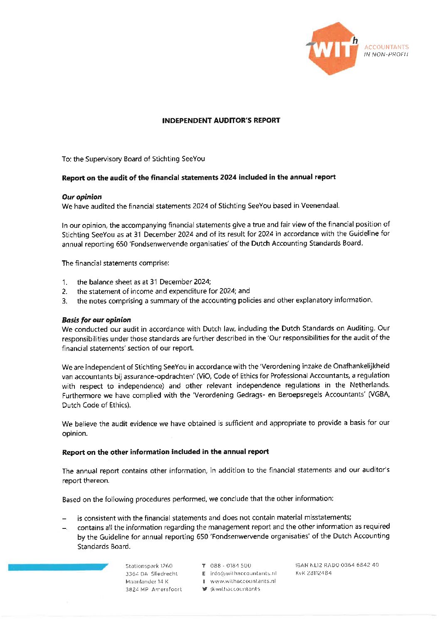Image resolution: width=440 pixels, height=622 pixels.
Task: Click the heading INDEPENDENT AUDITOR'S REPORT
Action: pyautogui.click(x=221, y=121)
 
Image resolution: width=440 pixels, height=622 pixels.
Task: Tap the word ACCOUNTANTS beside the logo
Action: pyautogui.click(x=386, y=47)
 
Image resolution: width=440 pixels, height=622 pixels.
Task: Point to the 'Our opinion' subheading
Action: pyautogui.click(x=82, y=197)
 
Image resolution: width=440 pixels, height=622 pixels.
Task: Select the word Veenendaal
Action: pyautogui.click(x=322, y=205)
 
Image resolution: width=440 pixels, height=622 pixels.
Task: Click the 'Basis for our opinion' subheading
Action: pyautogui.click(x=96, y=320)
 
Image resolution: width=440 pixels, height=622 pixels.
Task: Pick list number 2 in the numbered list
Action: pyautogui.click(x=65, y=291)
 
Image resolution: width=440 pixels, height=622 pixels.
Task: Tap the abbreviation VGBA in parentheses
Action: pyautogui.click(x=380, y=395)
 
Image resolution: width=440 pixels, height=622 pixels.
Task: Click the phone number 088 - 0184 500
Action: pyautogui.click(x=230, y=565)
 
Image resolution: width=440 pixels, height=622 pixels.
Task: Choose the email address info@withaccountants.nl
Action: pyautogui.click(x=243, y=573)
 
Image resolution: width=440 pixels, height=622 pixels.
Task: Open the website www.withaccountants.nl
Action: pyautogui.click(x=243, y=581)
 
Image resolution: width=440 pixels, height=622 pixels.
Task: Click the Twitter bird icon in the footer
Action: pyautogui.click(x=204, y=589)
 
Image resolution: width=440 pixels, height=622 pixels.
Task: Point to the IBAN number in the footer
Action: pyautogui.click(x=337, y=565)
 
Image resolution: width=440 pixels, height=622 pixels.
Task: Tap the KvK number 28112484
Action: pyautogui.click(x=314, y=573)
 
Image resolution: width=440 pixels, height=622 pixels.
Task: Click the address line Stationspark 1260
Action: pyautogui.click(x=149, y=566)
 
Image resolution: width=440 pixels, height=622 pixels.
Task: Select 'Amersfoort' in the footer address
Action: pyautogui.click(x=167, y=589)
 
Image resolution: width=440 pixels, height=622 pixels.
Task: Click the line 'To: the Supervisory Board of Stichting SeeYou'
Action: pyautogui.click(x=133, y=159)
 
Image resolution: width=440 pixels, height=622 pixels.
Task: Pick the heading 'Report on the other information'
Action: pyautogui.click(x=166, y=452)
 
